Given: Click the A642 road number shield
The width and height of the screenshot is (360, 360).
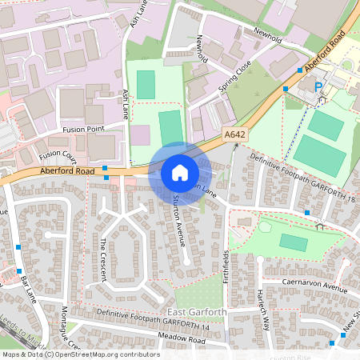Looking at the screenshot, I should tap(234, 135).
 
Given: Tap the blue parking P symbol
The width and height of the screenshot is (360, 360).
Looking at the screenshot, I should tap(318, 86).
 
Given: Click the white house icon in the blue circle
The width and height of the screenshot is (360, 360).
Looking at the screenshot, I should tap(180, 172).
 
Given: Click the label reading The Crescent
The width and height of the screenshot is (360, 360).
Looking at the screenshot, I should tap(103, 258).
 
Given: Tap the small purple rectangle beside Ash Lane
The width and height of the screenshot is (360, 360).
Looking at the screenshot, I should tap(140, 134).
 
